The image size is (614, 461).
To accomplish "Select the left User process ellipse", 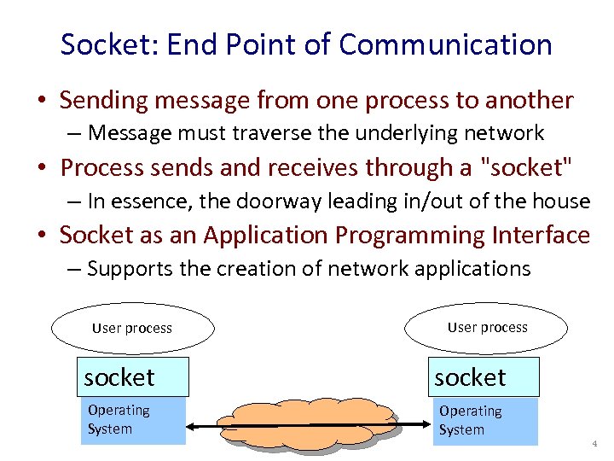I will (x=131, y=328).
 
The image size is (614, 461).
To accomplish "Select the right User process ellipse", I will (x=487, y=327).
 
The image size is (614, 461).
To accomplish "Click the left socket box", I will (x=132, y=377).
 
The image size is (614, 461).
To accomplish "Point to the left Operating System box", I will (x=132, y=421).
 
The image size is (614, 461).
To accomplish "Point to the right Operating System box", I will (x=486, y=421).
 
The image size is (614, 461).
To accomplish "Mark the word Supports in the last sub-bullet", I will (x=125, y=269).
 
